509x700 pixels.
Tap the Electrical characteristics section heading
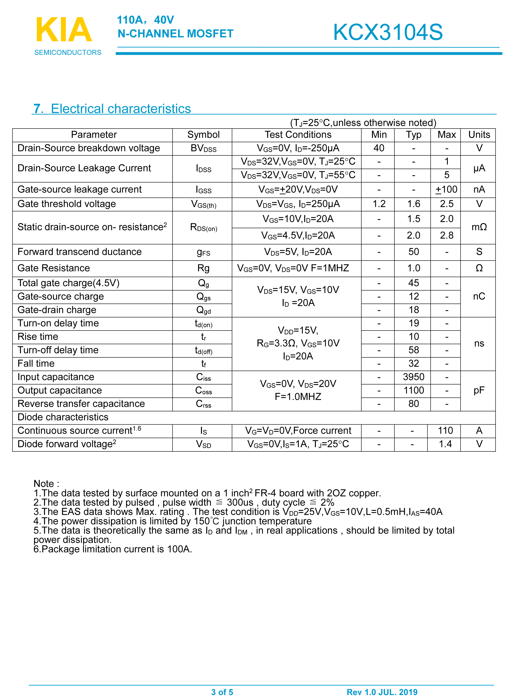pyautogui.click(x=112, y=109)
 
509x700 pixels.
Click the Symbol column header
pyautogui.click(x=203, y=135)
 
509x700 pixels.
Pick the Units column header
pyautogui.click(x=479, y=135)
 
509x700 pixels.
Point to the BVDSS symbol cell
pyautogui.click(x=203, y=148)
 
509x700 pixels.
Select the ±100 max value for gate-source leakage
pyautogui.click(x=446, y=189)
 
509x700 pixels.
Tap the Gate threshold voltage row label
pyautogui.click(x=67, y=204)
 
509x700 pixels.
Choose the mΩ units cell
pyautogui.click(x=479, y=227)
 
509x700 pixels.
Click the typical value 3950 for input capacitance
pyautogui.click(x=413, y=377)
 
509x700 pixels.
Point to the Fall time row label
pyautogui.click(x=36, y=364)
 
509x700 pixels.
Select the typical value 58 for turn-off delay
pyautogui.click(x=413, y=350)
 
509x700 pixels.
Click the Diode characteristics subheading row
pyautogui.click(x=63, y=417)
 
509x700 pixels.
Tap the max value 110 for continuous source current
pyautogui.click(x=445, y=431)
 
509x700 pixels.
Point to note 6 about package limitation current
pyautogui.click(x=113, y=549)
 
